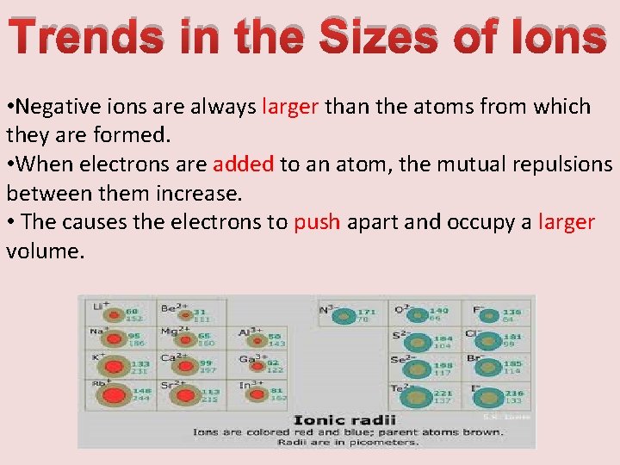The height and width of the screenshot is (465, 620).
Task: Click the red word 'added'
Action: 244,164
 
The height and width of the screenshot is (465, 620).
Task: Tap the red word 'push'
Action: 318,221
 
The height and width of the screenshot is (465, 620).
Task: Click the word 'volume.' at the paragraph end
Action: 46,251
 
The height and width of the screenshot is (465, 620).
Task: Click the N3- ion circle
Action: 345,317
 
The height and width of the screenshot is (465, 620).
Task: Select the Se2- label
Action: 398,359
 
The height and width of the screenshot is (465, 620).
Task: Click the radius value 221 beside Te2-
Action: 443,393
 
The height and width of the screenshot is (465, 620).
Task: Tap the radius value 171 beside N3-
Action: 366,312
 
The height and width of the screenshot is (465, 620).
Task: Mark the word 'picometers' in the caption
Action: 385,442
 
